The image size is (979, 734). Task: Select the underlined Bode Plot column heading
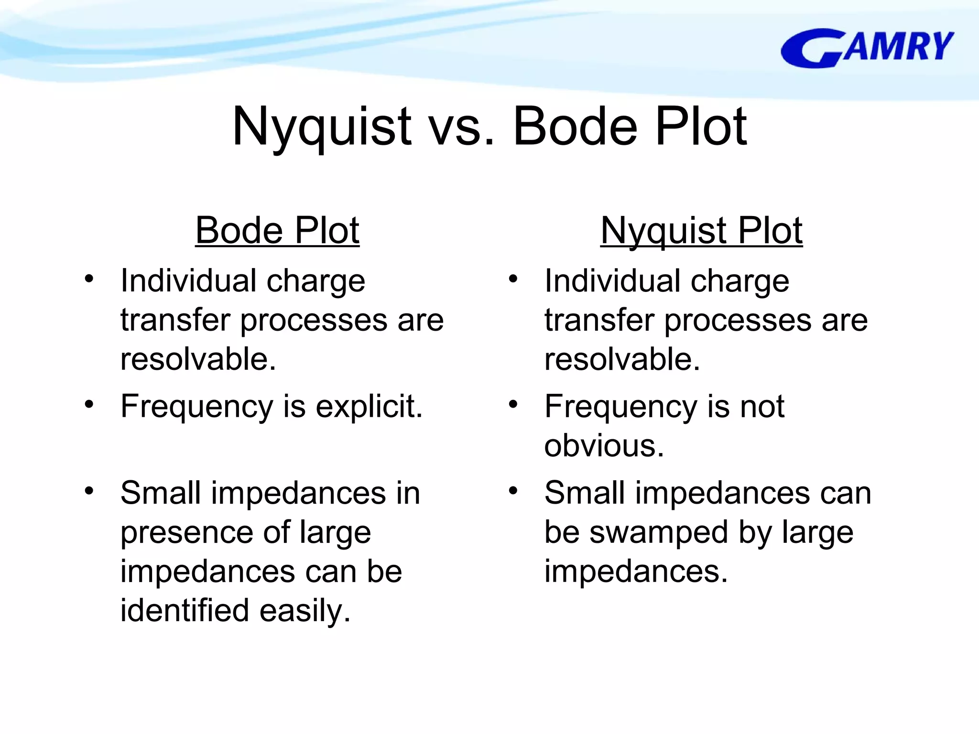[277, 231]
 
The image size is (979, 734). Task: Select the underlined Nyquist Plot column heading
[701, 231]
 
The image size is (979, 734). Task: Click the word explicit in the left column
[369, 407]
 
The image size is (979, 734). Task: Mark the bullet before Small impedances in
[89, 491]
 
